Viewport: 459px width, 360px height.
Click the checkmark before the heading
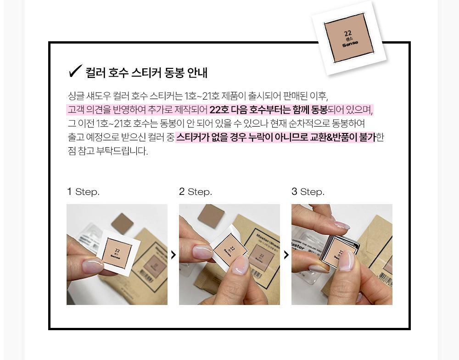coord(75,71)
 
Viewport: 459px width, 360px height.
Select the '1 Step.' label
coord(84,192)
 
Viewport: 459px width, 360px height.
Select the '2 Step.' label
coord(196,192)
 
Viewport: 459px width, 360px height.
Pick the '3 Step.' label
coord(308,192)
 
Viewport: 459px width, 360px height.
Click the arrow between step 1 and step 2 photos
coord(174,255)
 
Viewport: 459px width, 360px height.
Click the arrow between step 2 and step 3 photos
coord(286,255)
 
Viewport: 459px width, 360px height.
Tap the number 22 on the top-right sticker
coord(348,33)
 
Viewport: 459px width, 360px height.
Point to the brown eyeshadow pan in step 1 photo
coord(123,223)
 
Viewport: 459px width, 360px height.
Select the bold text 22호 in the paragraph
coord(219,110)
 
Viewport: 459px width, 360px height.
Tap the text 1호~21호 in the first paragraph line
coord(202,96)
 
